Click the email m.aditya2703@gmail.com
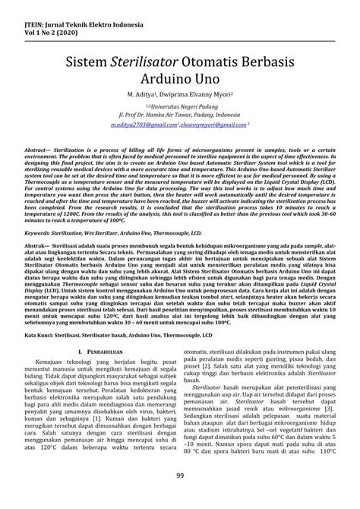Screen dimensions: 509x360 pyautogui.click(x=144, y=123)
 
